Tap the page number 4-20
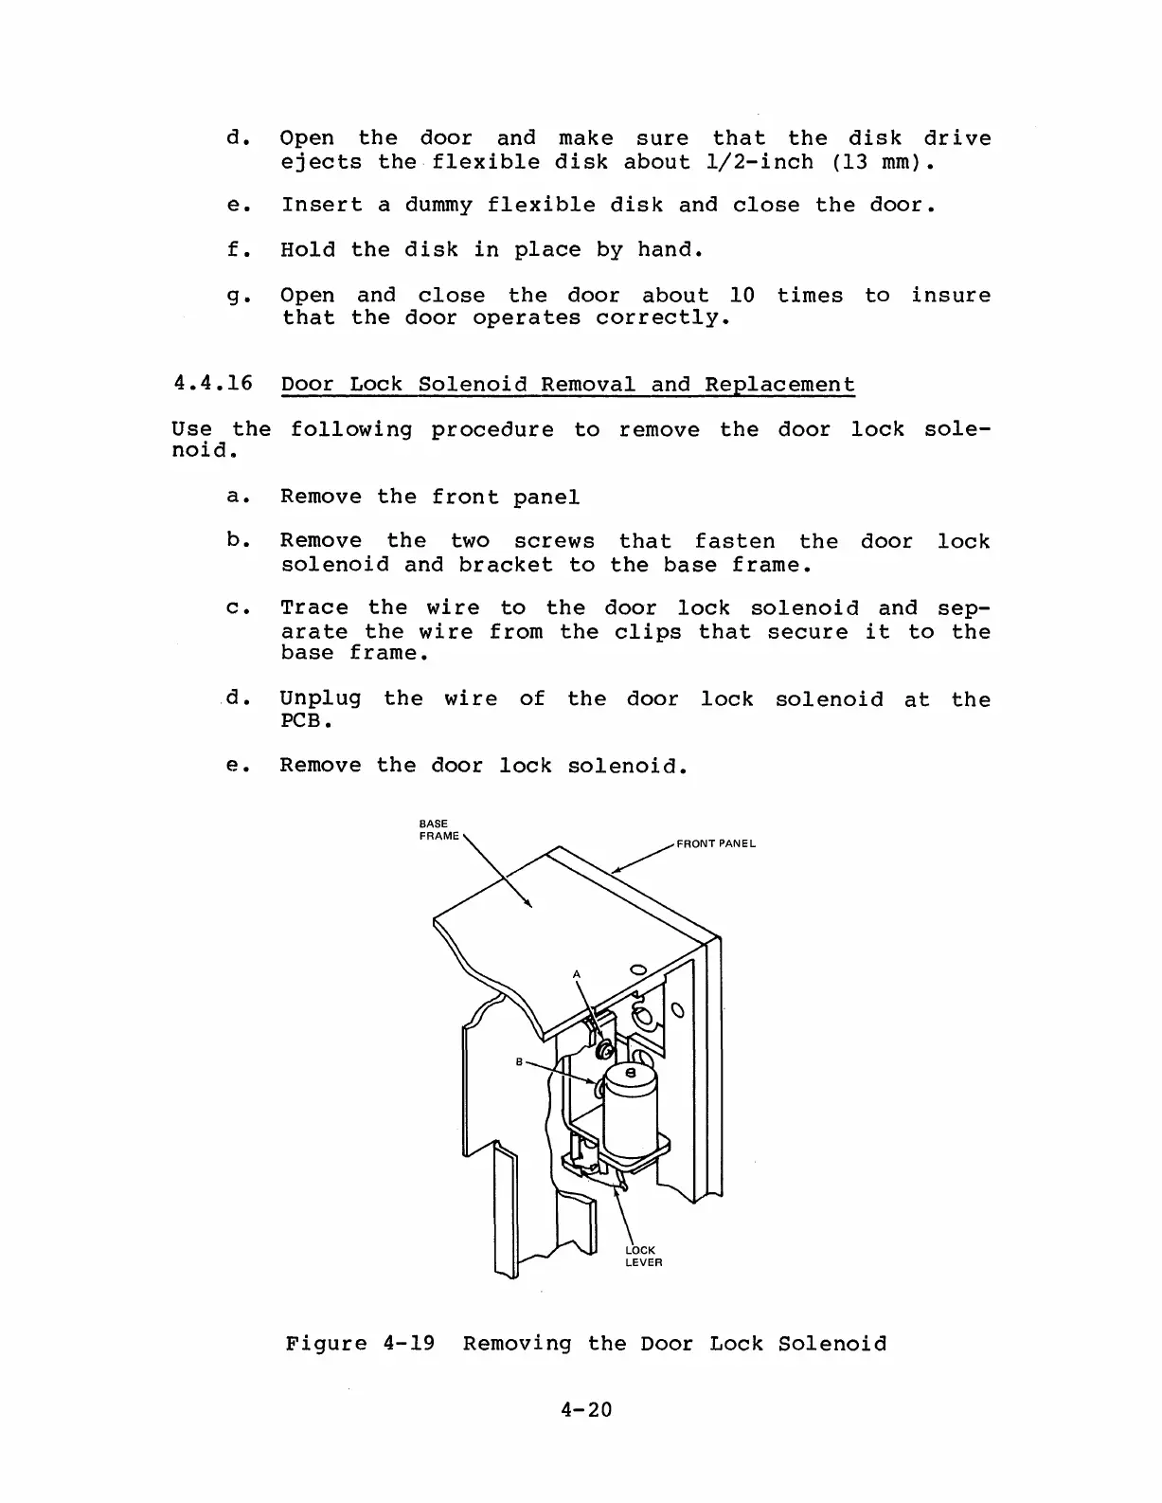(586, 1409)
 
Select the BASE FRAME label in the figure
(438, 829)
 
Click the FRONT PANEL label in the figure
(715, 843)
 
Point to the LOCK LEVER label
(644, 1256)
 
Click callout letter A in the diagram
(575, 974)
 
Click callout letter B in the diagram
(519, 1061)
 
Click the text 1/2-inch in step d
(760, 162)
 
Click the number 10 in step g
(742, 296)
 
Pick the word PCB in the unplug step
(298, 721)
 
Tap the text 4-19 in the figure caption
(409, 1343)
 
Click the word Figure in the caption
(326, 1343)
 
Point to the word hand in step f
(668, 250)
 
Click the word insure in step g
(951, 296)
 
